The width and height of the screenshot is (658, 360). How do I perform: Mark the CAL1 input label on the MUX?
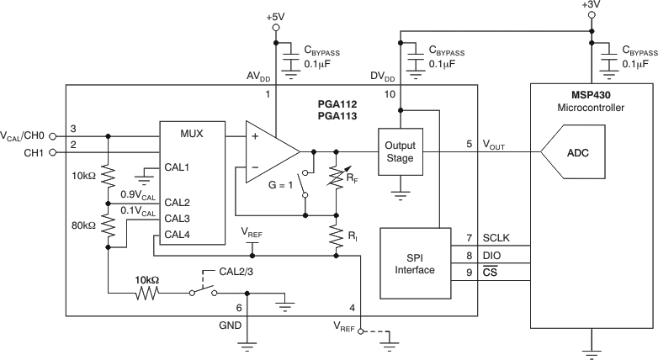177,167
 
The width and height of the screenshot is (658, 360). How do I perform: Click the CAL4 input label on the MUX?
177,234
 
